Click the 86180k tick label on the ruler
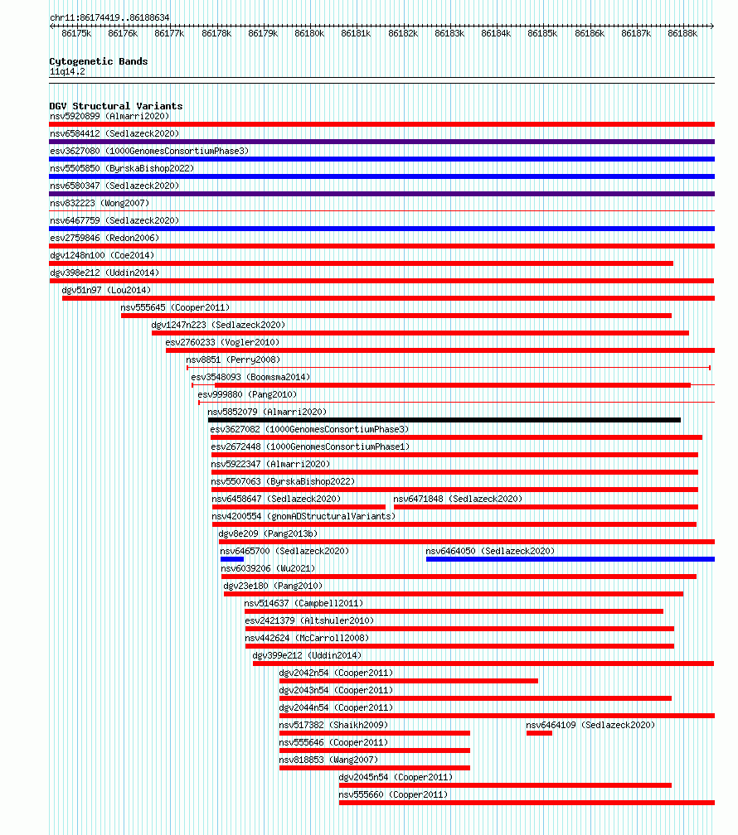309,33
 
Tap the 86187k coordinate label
636,33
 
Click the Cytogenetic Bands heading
99,61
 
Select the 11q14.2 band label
67,72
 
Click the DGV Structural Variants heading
116,106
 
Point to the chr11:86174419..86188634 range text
109,17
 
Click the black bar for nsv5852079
444,420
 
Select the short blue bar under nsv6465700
232,559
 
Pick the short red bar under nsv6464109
539,733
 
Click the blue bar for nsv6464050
570,559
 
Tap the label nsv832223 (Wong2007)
100,204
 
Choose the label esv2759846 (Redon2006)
104,238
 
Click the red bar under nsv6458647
299,507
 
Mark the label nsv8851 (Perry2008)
233,360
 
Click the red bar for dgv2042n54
409,681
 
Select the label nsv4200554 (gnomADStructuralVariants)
303,517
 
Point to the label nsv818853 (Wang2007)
328,760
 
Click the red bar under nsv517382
374,733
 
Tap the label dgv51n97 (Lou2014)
107,290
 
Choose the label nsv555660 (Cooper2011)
394,794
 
